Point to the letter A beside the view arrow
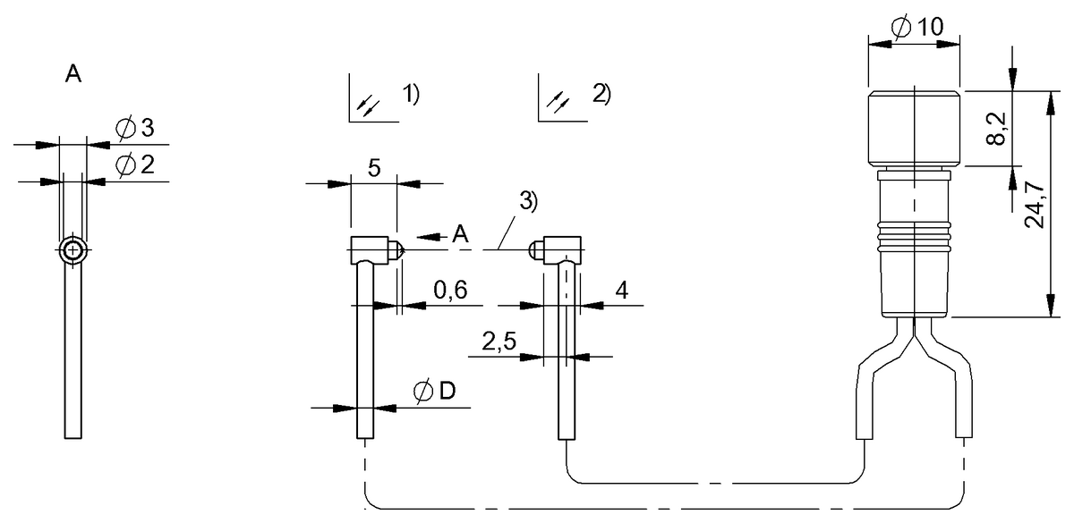pos(460,235)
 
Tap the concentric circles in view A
pos(72,251)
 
